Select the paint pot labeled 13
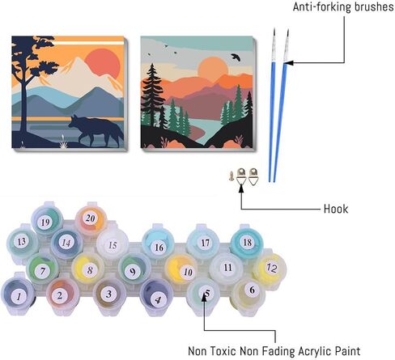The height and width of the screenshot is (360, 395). click(x=22, y=242)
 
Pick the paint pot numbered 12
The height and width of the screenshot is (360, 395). click(x=270, y=269)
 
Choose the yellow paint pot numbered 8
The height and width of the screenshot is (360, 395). click(x=88, y=269)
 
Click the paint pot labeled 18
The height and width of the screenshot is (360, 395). click(x=247, y=243)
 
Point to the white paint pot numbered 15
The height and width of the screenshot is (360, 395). click(x=113, y=244)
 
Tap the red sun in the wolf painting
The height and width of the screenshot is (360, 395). click(x=102, y=63)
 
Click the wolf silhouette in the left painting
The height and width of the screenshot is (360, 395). click(x=95, y=129)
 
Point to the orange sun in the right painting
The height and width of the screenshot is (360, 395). click(x=213, y=67)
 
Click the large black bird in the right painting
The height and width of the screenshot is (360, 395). click(x=236, y=57)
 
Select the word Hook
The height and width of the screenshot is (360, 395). click(x=336, y=209)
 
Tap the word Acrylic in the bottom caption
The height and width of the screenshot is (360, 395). click(x=315, y=351)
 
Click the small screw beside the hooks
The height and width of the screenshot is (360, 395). click(x=231, y=176)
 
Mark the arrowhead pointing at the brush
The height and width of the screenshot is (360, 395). click(x=288, y=63)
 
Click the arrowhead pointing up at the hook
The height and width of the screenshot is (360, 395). click(x=241, y=188)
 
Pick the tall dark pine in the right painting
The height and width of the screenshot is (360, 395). click(x=152, y=95)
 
